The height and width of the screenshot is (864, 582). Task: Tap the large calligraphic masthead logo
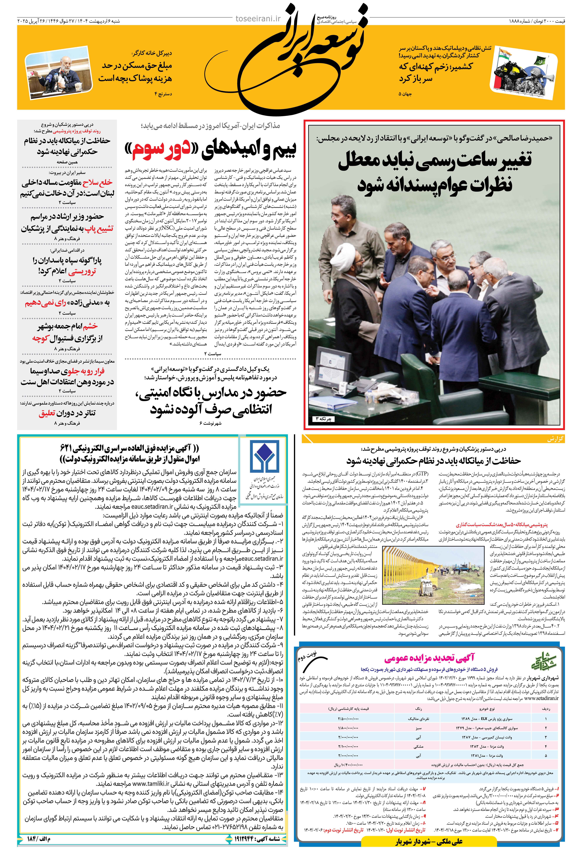click(312, 56)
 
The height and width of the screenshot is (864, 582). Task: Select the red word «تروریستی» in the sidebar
click(82, 271)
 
